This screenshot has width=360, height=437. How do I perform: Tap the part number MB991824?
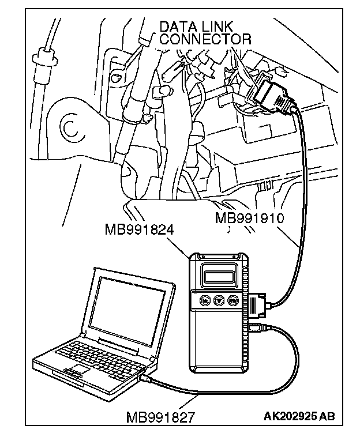pyautogui.click(x=140, y=229)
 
